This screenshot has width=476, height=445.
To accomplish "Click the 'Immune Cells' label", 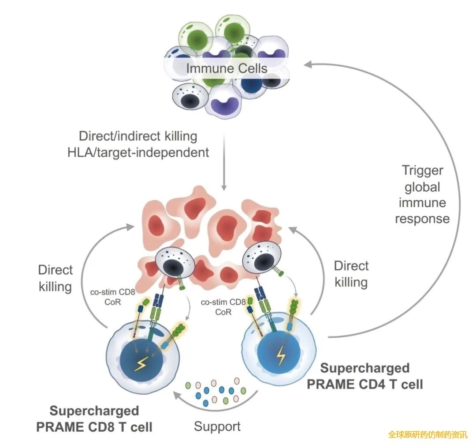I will (227, 68).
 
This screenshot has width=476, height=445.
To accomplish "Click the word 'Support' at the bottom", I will (217, 426).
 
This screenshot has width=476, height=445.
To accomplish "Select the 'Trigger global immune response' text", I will (422, 194).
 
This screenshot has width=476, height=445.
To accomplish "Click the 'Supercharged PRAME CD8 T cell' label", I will (94, 419).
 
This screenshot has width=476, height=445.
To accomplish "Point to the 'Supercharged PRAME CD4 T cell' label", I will (365, 376).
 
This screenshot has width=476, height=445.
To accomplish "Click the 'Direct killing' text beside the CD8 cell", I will (56, 278).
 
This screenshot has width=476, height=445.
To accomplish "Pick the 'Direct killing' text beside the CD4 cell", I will (351, 274).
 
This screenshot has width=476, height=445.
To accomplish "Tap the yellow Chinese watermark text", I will (427, 434).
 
